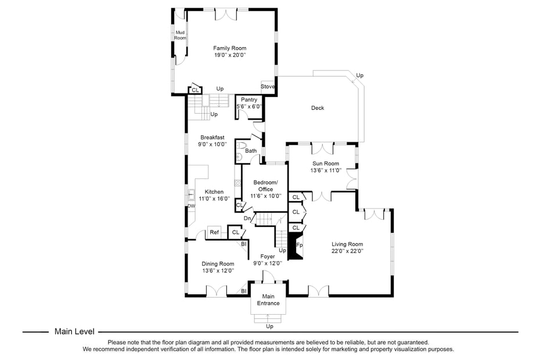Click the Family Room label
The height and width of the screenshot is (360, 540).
click(x=229, y=48)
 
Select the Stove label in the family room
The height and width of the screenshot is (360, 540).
click(x=268, y=87)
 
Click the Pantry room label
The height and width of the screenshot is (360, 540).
click(x=249, y=100)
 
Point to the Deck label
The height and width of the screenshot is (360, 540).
click(x=318, y=108)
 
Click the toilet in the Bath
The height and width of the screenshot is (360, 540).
click(x=240, y=146)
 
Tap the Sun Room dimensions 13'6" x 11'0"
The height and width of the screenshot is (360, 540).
click(x=326, y=171)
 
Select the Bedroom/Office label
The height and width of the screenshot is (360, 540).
click(x=265, y=186)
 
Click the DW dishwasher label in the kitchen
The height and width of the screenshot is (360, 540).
click(x=191, y=206)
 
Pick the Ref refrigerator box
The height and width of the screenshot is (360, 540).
click(x=214, y=232)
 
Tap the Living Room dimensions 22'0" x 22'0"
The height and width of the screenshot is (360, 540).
click(x=347, y=251)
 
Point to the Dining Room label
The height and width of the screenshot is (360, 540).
click(x=218, y=264)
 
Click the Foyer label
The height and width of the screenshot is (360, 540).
click(x=268, y=256)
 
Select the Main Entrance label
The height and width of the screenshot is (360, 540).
click(x=268, y=300)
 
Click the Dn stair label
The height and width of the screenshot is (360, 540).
click(x=247, y=218)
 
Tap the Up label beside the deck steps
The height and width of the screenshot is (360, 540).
click(x=359, y=75)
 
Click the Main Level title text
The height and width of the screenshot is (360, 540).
click(x=74, y=332)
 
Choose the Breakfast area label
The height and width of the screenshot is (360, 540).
click(x=212, y=138)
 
